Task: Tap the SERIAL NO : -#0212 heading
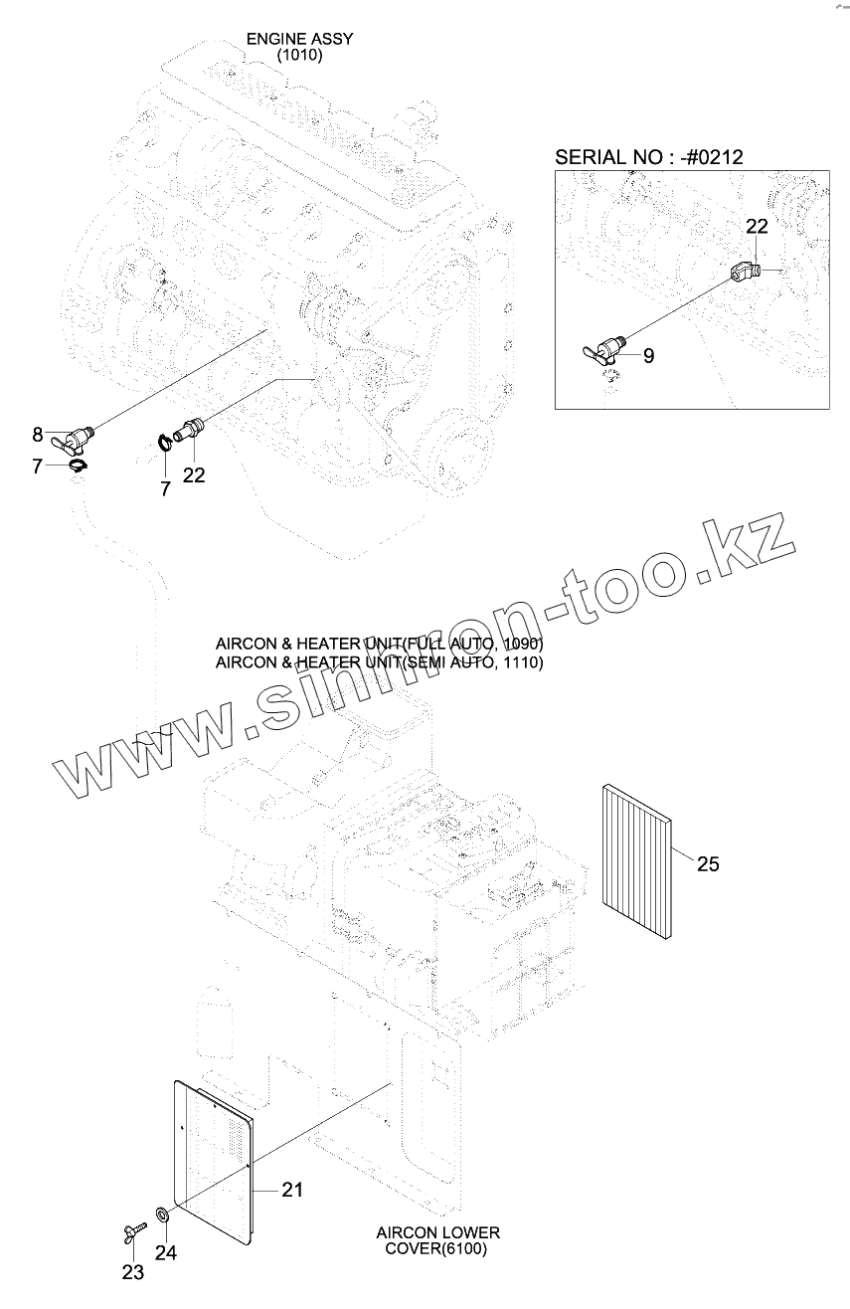coord(648,156)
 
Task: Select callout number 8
coord(38,434)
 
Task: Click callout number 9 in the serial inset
coord(648,355)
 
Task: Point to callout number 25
coord(707,863)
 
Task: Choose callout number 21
coord(292,1189)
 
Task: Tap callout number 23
coord(132,1271)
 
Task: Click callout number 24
coord(165,1252)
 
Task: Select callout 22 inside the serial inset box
coord(757,226)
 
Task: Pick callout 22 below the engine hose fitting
coord(194,474)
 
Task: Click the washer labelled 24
coord(161,1215)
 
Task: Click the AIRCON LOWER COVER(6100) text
coord(437,1240)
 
